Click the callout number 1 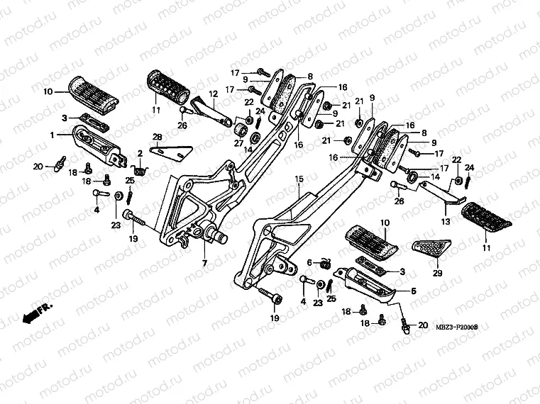53,134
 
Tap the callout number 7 204,264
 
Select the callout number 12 211,94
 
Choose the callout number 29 436,273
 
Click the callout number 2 141,153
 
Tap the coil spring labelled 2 140,169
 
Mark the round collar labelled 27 241,131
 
